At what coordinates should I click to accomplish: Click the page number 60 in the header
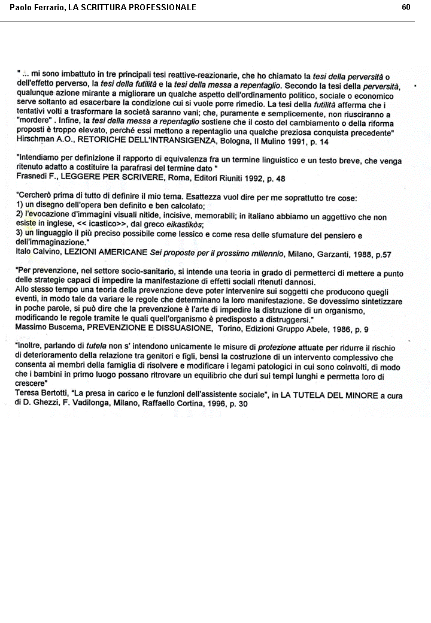[406, 7]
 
